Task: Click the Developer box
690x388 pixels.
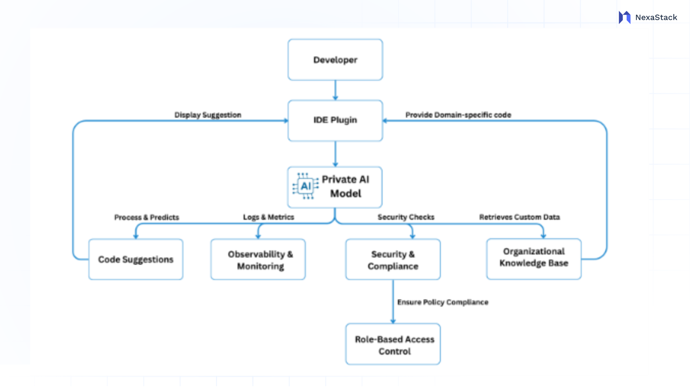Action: click(x=335, y=60)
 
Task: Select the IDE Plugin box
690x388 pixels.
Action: click(x=335, y=120)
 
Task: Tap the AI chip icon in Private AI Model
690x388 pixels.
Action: click(x=305, y=186)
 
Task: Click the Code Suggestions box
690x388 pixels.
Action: click(x=135, y=259)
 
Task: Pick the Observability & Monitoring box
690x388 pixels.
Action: click(x=258, y=259)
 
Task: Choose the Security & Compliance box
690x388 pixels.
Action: click(x=393, y=259)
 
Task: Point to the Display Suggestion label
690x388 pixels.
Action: click(x=208, y=115)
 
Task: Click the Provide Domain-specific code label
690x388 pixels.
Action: click(x=458, y=115)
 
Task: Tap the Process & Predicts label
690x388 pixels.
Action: click(x=147, y=217)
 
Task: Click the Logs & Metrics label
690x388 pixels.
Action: click(x=268, y=217)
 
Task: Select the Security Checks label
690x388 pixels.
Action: click(x=406, y=217)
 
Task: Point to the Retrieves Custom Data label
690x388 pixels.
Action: click(x=519, y=217)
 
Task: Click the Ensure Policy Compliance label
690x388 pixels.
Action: click(x=443, y=302)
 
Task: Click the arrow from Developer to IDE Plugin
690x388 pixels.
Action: click(x=335, y=90)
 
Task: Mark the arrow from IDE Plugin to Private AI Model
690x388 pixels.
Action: click(x=335, y=154)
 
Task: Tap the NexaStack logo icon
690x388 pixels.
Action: click(x=625, y=17)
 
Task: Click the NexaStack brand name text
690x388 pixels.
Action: click(x=656, y=17)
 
